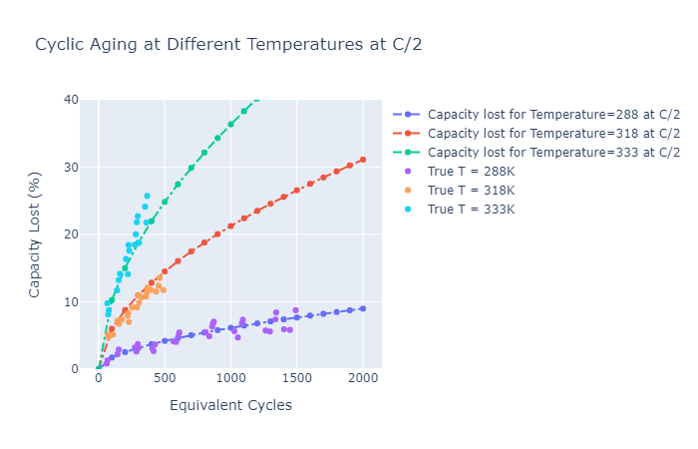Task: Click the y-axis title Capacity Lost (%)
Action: [x=35, y=233]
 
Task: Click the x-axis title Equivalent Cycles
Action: [x=230, y=405]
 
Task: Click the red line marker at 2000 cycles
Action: [x=363, y=159]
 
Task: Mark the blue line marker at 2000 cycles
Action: [x=363, y=308]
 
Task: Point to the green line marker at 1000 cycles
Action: [x=230, y=124]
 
